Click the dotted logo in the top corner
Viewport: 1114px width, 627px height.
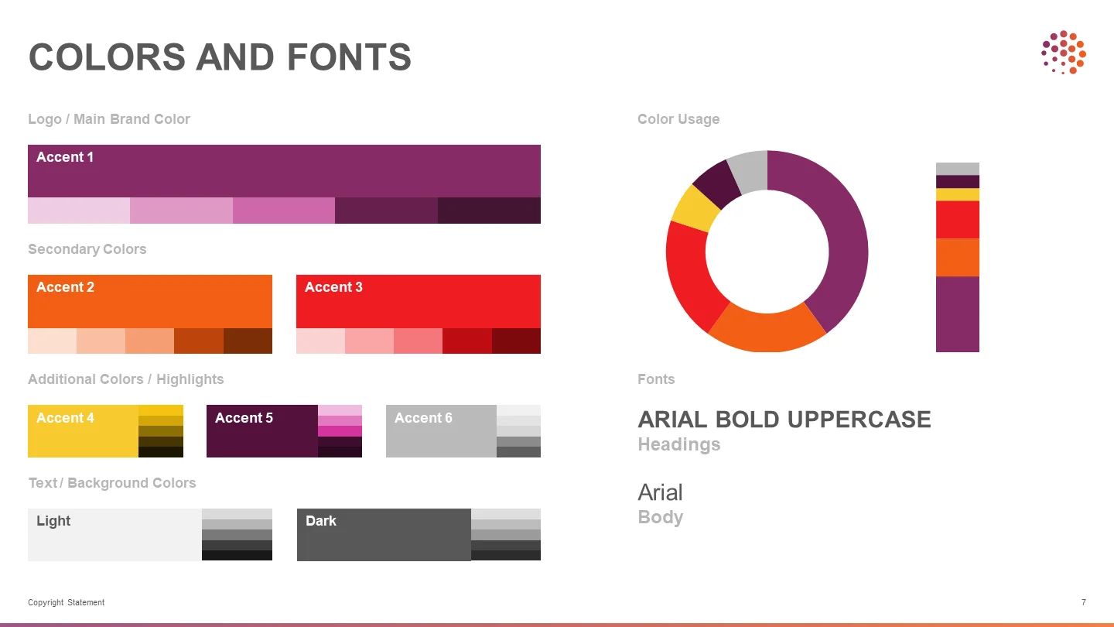click(x=1064, y=53)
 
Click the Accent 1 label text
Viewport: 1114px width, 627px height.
click(x=65, y=157)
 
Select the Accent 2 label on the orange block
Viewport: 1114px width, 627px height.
click(x=65, y=287)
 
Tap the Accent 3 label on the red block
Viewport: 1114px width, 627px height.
click(x=333, y=287)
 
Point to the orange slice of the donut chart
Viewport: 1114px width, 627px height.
click(x=767, y=328)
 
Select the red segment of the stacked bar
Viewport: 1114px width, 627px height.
click(x=958, y=220)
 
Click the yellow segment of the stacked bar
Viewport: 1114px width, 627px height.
click(x=958, y=194)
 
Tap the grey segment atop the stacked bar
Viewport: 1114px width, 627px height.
click(x=958, y=169)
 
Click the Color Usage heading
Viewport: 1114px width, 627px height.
click(x=678, y=119)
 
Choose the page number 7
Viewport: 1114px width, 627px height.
click(x=1084, y=602)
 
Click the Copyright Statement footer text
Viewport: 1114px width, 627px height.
click(x=67, y=602)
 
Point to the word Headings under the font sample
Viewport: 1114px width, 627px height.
click(x=679, y=444)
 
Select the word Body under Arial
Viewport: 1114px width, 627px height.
click(x=661, y=517)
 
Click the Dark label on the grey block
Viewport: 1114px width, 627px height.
click(x=321, y=521)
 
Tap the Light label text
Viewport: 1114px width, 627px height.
click(x=53, y=521)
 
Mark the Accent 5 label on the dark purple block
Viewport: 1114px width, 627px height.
click(x=244, y=418)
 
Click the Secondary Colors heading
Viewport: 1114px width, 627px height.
click(x=87, y=249)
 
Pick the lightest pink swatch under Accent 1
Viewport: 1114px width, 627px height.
click(x=79, y=211)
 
